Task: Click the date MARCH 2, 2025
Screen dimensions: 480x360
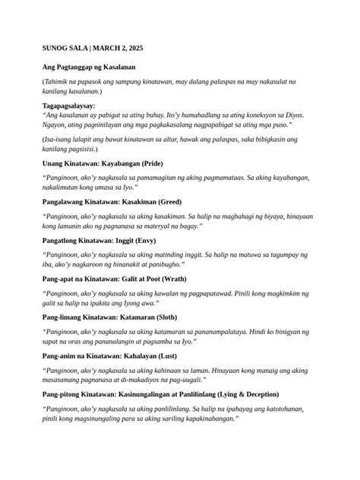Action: [120, 48]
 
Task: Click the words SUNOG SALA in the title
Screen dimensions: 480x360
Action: [65, 48]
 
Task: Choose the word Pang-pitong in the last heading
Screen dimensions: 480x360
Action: [62, 394]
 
